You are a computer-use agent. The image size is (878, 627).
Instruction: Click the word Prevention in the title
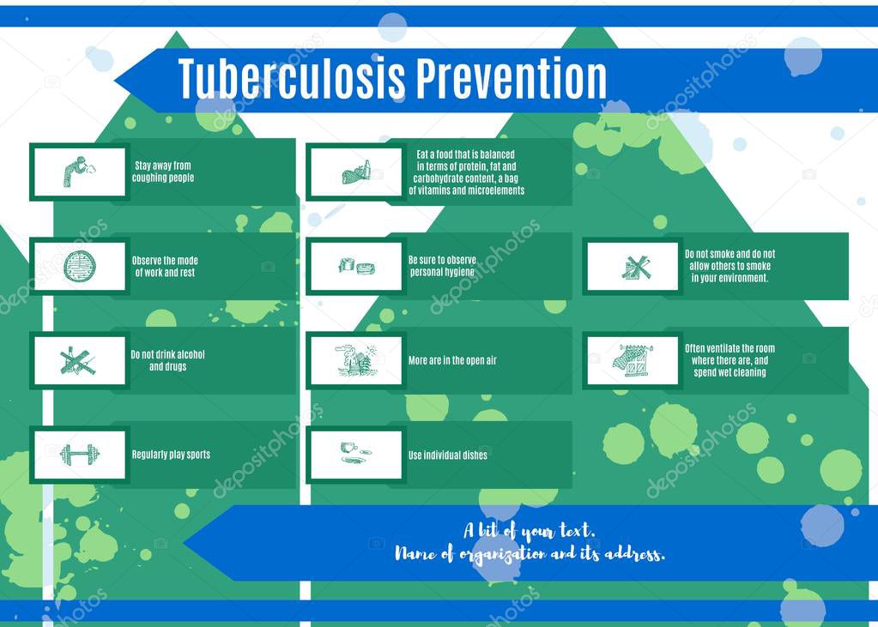click(512, 79)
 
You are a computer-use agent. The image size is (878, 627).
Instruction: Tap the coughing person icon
click(79, 172)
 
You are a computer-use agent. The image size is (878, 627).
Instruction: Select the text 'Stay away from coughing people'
click(163, 172)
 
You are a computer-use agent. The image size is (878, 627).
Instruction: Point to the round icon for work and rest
click(79, 266)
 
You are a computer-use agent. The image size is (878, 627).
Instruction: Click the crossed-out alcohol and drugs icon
click(79, 361)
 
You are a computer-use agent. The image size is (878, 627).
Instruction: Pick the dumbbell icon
click(79, 455)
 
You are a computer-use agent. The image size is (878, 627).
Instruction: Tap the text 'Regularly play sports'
click(171, 455)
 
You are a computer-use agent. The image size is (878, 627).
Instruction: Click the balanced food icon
click(356, 172)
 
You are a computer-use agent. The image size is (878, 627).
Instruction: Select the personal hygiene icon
click(356, 267)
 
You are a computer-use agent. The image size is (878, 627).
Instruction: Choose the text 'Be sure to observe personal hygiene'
click(442, 266)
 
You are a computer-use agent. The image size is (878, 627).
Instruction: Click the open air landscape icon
click(356, 360)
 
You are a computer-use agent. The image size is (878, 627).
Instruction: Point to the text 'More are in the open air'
click(452, 360)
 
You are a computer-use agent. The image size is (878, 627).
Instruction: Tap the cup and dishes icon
click(354, 454)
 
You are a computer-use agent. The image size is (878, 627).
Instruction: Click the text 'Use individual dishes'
click(447, 455)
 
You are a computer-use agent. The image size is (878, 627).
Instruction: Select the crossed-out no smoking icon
click(635, 268)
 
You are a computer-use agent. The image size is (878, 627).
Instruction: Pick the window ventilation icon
click(633, 360)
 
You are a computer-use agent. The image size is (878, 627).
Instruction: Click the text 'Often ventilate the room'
click(730, 349)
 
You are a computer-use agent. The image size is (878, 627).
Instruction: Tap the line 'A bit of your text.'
click(529, 531)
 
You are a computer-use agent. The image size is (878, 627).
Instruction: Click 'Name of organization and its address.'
click(530, 554)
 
